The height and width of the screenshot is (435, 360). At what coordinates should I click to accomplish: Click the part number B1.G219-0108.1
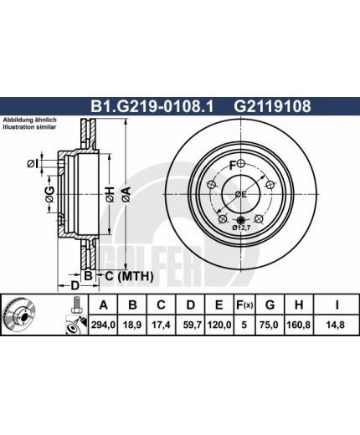click(152, 106)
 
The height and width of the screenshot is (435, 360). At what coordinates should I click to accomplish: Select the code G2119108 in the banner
click(272, 106)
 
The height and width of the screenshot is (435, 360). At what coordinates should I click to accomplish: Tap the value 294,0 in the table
click(103, 325)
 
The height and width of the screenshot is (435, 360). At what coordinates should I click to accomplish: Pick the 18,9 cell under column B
click(131, 325)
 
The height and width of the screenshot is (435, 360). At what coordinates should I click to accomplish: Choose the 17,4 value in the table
click(161, 325)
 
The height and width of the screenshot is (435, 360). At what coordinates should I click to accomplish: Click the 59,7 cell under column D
click(192, 325)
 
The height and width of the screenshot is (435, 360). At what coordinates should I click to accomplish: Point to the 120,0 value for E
click(219, 325)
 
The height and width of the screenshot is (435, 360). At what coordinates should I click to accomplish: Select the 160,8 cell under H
click(299, 325)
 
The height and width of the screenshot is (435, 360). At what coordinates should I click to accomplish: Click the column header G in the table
click(270, 305)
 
